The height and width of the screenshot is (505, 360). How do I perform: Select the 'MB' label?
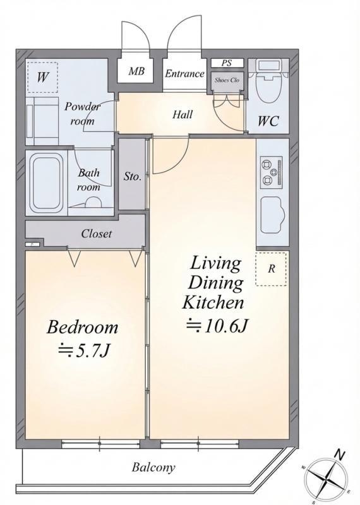pyautogui.click(x=136, y=71)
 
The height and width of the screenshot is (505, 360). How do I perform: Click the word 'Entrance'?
pyautogui.click(x=184, y=74)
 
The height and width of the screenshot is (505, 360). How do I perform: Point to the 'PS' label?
pyautogui.click(x=227, y=63)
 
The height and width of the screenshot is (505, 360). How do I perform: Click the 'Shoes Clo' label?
pyautogui.click(x=227, y=80)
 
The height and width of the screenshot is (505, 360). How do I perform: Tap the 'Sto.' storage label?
pyautogui.click(x=133, y=177)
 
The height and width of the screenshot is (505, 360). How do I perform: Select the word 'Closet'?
pyautogui.click(x=97, y=234)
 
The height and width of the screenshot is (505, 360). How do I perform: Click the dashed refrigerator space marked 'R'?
pyautogui.click(x=271, y=269)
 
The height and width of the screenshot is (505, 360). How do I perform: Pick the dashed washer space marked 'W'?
pyautogui.click(x=42, y=77)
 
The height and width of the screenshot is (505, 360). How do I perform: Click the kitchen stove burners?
pyautogui.click(x=271, y=172)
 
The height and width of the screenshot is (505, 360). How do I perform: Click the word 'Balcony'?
pyautogui.click(x=153, y=467)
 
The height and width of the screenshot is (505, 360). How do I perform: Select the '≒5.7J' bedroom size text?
pyautogui.click(x=84, y=351)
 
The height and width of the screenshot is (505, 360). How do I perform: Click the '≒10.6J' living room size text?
pyautogui.click(x=217, y=326)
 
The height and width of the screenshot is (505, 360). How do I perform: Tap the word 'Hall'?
pyautogui.click(x=183, y=114)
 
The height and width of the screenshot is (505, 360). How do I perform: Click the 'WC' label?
pyautogui.click(x=268, y=121)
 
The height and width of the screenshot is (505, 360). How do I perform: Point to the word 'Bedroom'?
pyautogui.click(x=83, y=327)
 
